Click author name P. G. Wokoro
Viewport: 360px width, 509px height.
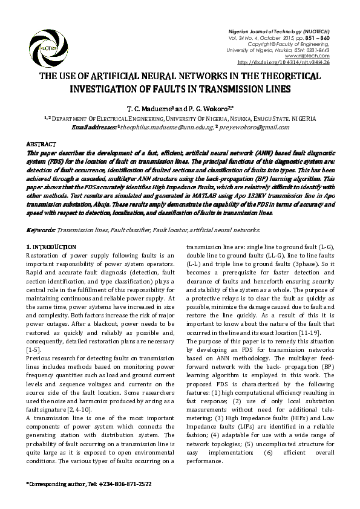pos(209,108)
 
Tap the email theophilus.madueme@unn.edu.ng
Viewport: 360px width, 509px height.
pos(164,127)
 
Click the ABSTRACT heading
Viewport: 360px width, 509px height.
pos(41,145)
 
